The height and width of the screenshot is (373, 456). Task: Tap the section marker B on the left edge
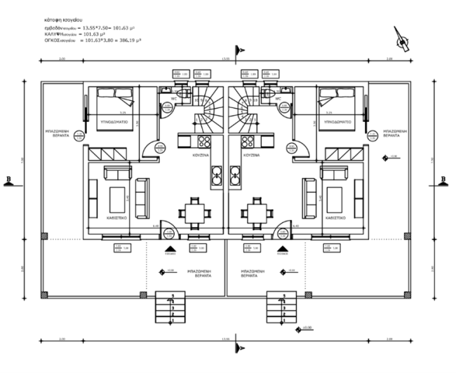tap(8, 179)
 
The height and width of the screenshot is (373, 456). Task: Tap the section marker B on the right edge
tap(443, 179)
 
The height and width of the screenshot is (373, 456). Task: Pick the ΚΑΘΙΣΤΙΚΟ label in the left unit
tap(118, 218)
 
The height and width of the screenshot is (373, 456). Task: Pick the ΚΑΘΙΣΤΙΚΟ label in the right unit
tap(335, 218)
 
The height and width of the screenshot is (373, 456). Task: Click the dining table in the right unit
tap(255, 210)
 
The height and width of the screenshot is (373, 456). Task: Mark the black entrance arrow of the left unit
tap(169, 249)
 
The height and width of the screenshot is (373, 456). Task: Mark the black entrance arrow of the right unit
tap(282, 249)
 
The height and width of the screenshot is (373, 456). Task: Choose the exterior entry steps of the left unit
tap(165, 308)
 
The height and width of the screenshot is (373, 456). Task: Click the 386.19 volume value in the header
tap(128, 41)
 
